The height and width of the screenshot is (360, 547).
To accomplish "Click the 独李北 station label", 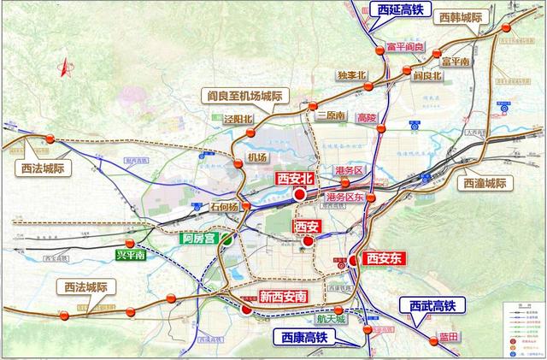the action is (x=351, y=75).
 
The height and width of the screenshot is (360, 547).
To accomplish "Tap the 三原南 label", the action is (x=328, y=115).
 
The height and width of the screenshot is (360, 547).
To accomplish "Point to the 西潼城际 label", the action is (x=485, y=183).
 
